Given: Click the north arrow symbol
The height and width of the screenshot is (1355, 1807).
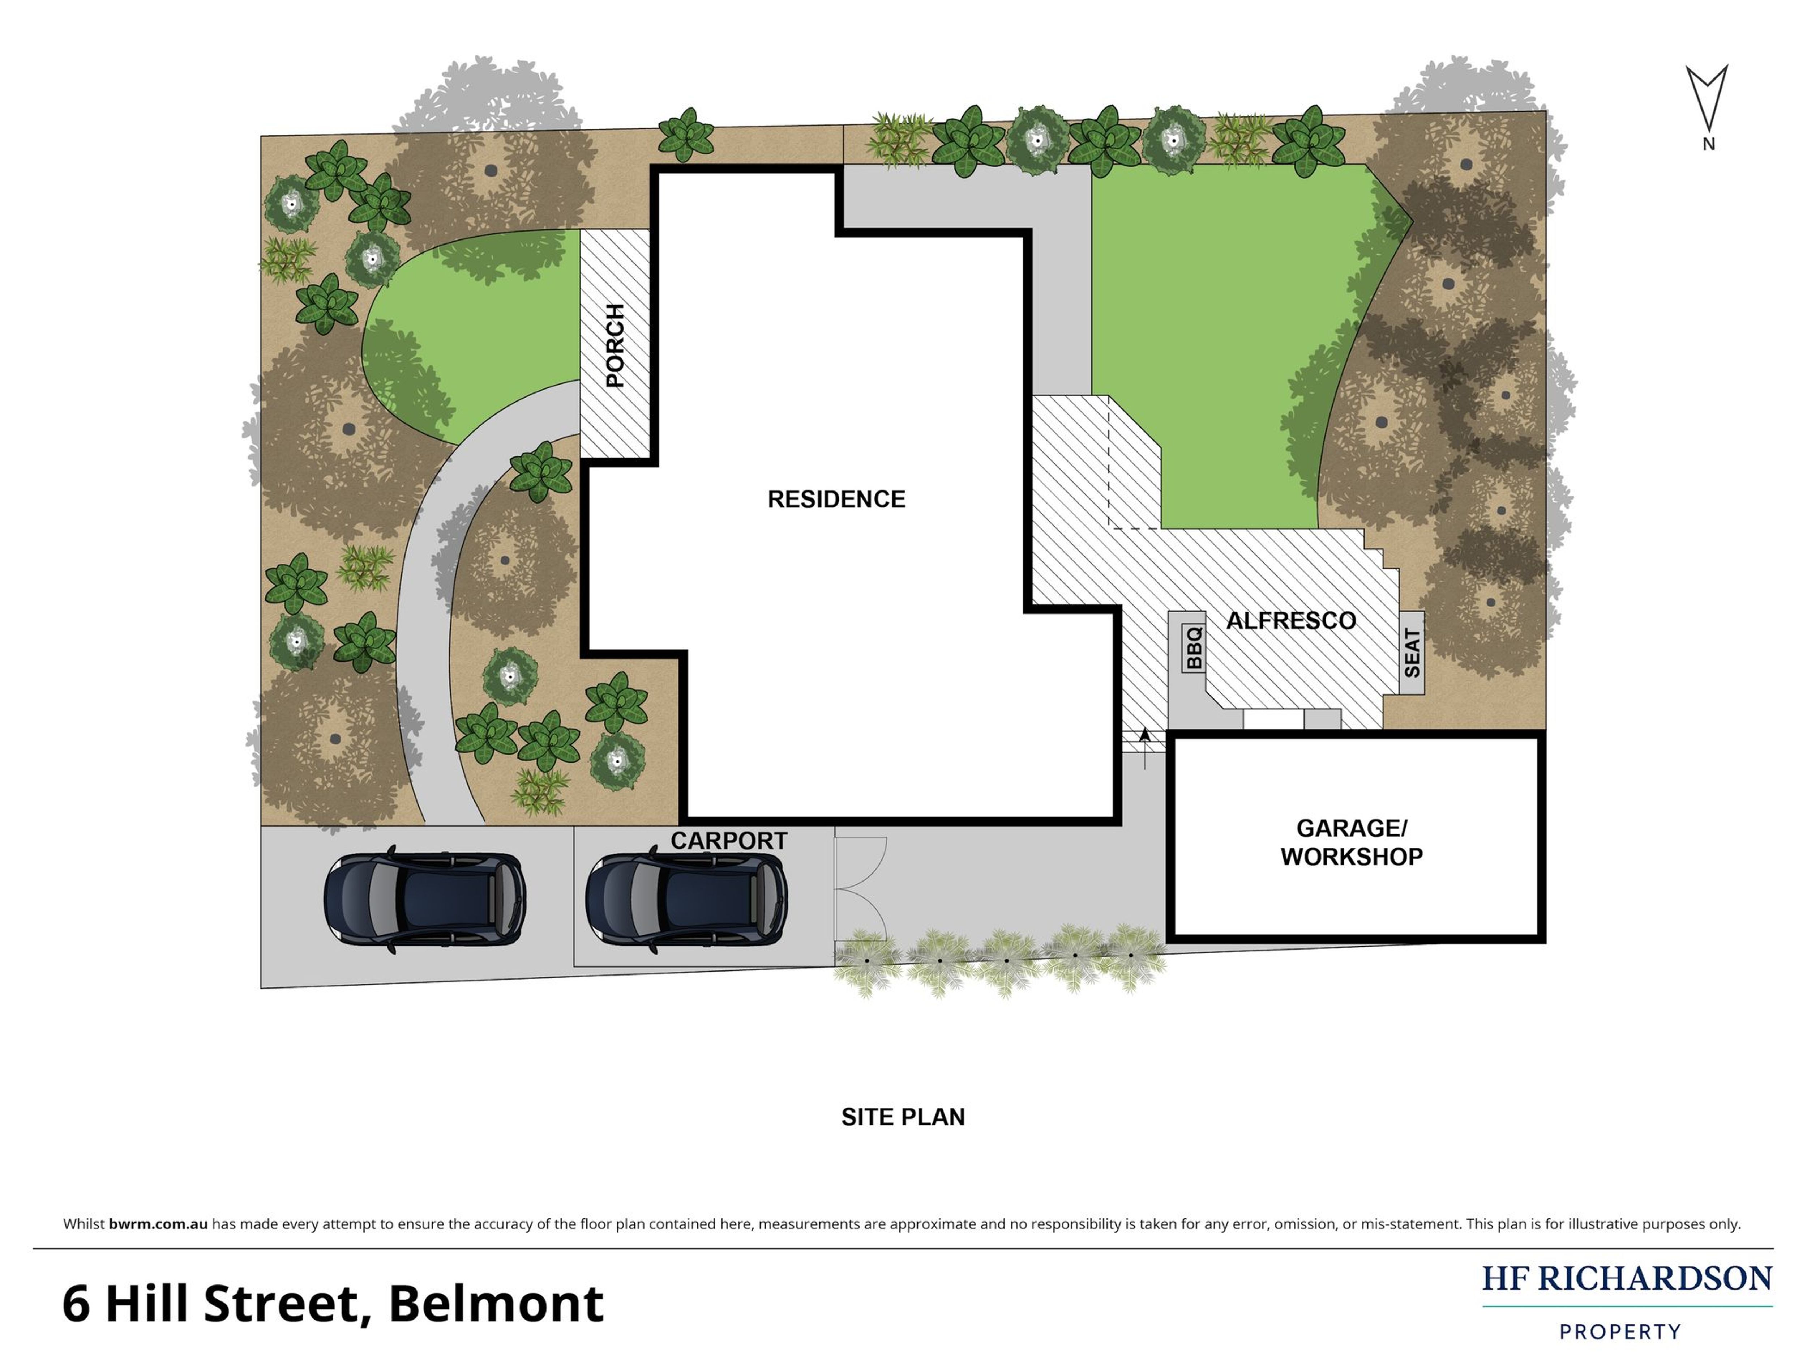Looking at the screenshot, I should [x=1707, y=98].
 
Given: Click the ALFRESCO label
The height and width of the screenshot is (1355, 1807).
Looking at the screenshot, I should [x=1291, y=621].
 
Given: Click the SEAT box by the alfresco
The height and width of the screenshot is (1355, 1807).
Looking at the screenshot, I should [x=1412, y=652].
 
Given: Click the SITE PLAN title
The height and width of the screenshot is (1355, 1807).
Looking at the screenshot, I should [x=903, y=1117].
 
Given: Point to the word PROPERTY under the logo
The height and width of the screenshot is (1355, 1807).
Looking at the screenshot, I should [x=1620, y=1332].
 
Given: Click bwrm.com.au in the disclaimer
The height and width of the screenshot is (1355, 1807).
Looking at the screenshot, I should [x=158, y=1224].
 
